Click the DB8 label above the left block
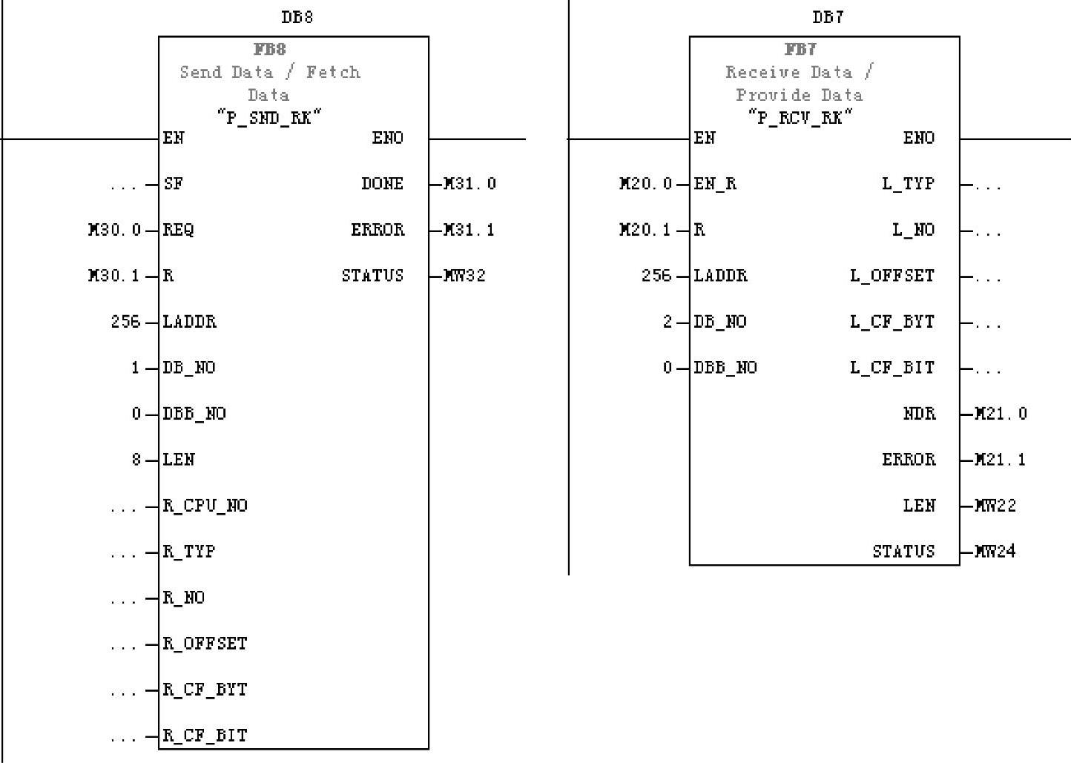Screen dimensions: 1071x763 point(297,17)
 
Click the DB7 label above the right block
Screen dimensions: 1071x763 point(828,17)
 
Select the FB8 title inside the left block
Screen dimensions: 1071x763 point(270,50)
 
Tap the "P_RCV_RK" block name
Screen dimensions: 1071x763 point(800,117)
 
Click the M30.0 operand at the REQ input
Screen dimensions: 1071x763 point(114,230)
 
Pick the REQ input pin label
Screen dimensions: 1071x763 point(178,230)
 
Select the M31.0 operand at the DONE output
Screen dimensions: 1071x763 point(469,184)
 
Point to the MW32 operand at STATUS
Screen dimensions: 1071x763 point(464,276)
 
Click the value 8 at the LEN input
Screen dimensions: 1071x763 point(136,460)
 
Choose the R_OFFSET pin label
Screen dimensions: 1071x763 point(205,644)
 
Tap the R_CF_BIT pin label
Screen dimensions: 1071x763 point(205,736)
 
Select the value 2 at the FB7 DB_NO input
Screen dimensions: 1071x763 point(668,322)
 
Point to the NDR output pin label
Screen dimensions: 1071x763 point(919,414)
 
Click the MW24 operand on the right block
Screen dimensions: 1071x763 point(995,552)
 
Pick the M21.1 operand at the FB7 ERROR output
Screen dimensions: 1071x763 point(1001,460)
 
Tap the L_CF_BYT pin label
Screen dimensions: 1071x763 point(892,322)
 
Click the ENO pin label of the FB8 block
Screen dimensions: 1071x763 point(387,138)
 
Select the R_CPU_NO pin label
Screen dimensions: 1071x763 point(205,506)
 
